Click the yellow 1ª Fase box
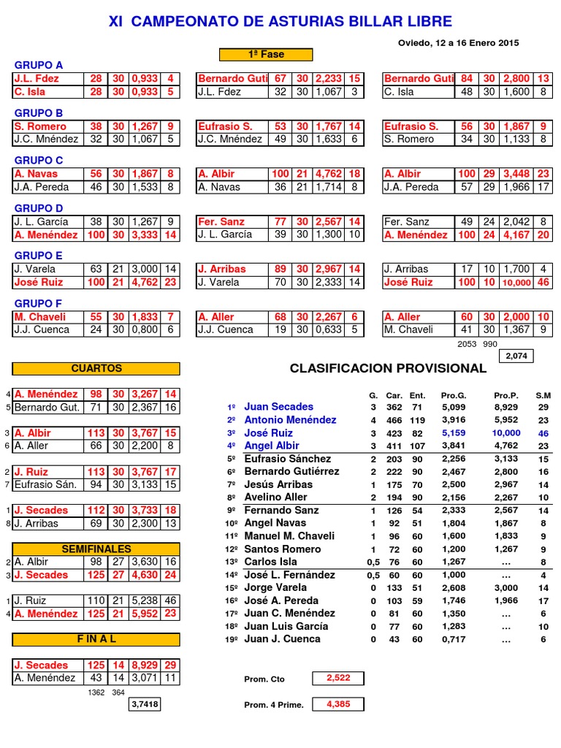pos(266,55)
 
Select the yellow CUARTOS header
pos(96,369)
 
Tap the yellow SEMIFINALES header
pos(96,549)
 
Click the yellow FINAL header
pos(96,639)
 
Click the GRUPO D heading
pos(39,208)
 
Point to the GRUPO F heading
pos(39,303)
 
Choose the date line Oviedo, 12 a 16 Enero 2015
pos(458,43)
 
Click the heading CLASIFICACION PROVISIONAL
pos(388,368)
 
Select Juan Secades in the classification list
pos(278,407)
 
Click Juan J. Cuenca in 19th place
pos(282,639)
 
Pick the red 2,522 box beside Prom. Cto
pos(338,678)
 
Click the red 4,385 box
pos(338,704)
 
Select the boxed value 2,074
pos(516,356)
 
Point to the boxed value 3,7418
pos(145,704)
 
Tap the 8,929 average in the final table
pos(142,665)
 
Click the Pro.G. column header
pos(453,395)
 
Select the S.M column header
pos(543,395)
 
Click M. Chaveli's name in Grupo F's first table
pos(42,317)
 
